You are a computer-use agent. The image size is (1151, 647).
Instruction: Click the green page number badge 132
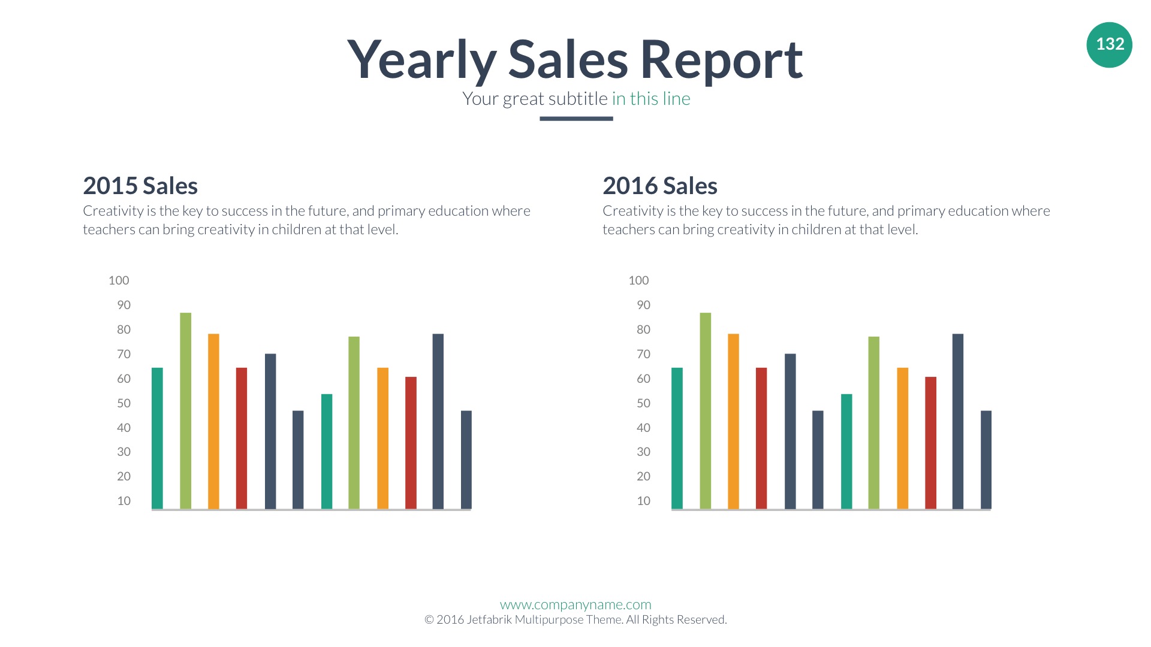(1109, 44)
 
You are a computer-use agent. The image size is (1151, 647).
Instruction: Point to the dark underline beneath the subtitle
(576, 119)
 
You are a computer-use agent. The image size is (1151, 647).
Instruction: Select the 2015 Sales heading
(140, 186)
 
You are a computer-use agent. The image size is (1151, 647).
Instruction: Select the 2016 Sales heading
(660, 186)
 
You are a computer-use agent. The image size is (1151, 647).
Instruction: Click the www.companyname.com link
(575, 604)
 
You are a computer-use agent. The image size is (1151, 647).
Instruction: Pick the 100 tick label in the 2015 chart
(119, 280)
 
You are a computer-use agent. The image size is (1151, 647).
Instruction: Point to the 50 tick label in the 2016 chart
(643, 403)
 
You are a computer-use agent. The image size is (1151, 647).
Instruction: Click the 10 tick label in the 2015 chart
(123, 501)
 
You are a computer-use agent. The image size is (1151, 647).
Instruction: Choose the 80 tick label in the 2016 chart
(643, 329)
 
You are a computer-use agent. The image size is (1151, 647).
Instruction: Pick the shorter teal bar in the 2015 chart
(327, 452)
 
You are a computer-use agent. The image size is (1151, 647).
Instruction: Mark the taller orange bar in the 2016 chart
(733, 422)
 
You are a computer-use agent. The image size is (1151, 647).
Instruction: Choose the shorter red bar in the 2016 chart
(930, 443)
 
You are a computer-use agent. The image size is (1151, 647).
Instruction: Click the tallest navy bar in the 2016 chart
(958, 422)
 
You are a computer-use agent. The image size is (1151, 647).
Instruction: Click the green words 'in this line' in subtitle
(651, 99)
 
